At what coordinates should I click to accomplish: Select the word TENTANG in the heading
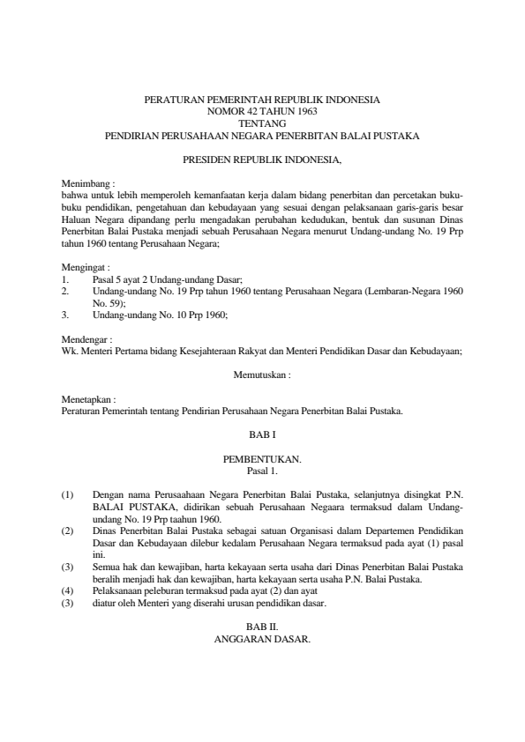(x=262, y=124)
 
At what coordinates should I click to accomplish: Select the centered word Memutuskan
(x=262, y=374)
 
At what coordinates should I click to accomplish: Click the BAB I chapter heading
(x=262, y=434)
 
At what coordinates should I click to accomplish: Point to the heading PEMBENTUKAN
(x=262, y=459)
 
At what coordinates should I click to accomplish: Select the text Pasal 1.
(x=262, y=471)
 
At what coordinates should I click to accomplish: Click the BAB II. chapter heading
(x=262, y=626)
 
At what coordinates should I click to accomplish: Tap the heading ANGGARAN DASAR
(x=262, y=637)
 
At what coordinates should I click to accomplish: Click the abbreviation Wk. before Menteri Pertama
(x=69, y=349)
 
